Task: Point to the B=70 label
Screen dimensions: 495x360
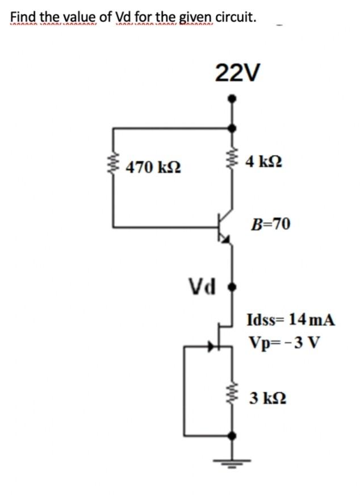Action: pos(270,224)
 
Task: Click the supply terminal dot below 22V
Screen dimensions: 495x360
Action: pos(231,98)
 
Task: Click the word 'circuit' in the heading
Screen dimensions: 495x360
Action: pos(235,16)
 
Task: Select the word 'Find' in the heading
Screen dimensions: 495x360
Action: pos(22,16)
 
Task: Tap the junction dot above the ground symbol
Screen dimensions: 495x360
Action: pos(231,436)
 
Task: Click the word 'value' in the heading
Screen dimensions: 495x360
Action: pos(83,16)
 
